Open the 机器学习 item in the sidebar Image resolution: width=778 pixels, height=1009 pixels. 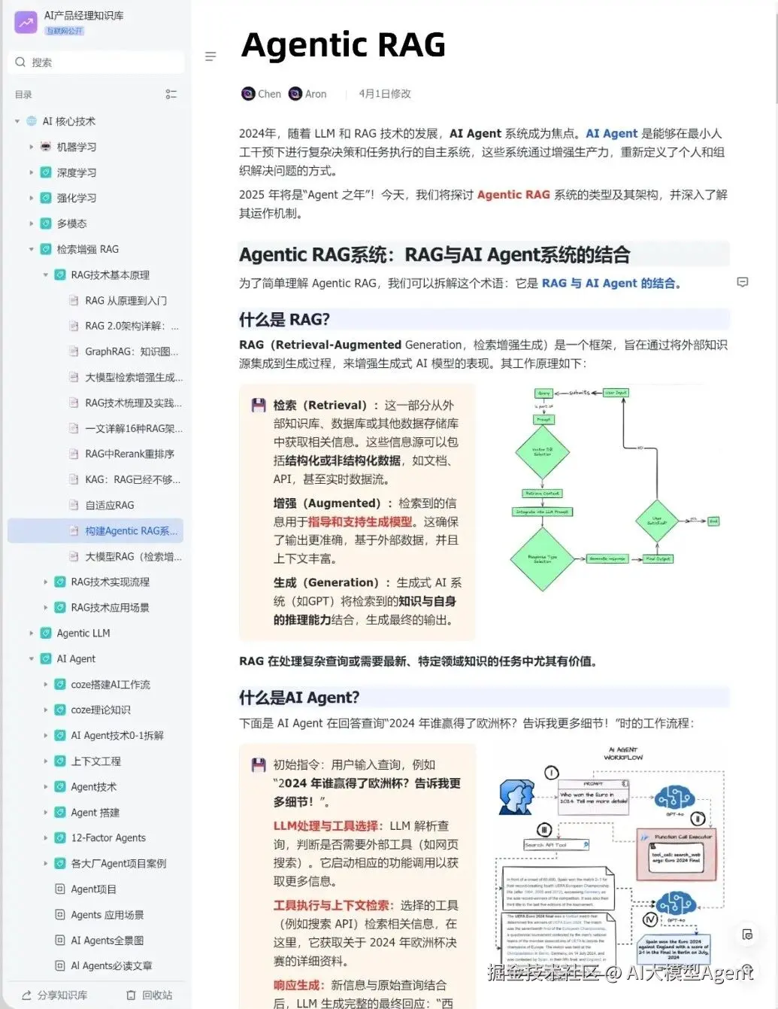pos(77,147)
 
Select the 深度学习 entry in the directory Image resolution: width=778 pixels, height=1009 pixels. pos(77,172)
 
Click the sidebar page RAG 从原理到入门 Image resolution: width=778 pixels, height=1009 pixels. pos(126,300)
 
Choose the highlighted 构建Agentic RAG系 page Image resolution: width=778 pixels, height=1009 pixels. pos(131,530)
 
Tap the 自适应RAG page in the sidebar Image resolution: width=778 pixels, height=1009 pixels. pos(110,505)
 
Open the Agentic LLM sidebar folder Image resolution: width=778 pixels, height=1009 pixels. pos(83,633)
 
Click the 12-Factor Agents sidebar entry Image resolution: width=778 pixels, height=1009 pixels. pos(108,837)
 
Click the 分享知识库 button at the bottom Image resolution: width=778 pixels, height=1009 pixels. pos(55,995)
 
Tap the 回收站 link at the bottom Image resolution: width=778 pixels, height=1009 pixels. pos(150,995)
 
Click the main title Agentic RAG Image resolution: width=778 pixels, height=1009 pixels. pos(344,44)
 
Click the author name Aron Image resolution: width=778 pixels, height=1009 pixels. pos(316,94)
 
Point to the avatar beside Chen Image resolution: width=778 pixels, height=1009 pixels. pos(248,94)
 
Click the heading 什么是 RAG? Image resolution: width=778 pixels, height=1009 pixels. pos(284,319)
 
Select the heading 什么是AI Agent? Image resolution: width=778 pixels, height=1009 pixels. pos(299,697)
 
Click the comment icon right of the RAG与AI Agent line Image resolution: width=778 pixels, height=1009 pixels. pos(743,282)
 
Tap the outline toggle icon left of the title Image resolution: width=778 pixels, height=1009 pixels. pos(210,56)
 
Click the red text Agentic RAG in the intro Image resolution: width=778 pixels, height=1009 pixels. pos(513,194)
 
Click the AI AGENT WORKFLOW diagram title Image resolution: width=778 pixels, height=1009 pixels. pos(623,753)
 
